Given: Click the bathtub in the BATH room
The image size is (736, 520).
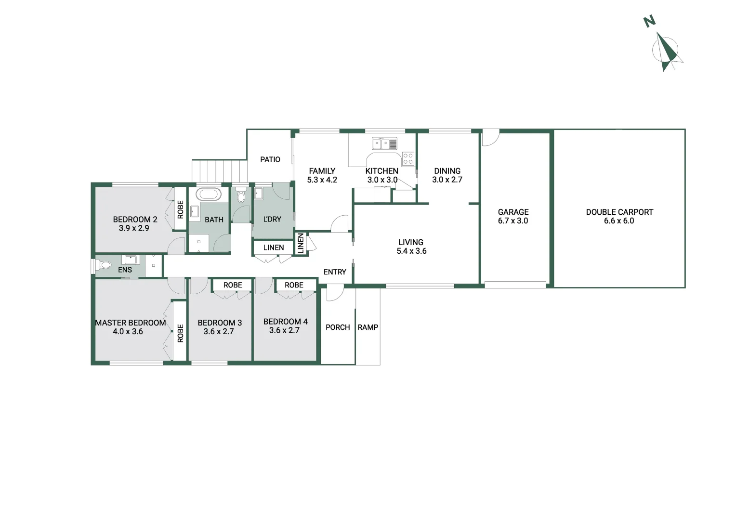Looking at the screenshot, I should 209,195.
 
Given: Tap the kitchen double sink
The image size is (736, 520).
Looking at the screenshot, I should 384,143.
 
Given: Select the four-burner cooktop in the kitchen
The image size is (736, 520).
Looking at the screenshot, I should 408,159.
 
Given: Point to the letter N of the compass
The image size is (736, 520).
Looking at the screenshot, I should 650,22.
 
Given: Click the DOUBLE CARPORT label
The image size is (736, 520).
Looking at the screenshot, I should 619,212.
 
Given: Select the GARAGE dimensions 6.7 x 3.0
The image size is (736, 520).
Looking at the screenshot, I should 513,221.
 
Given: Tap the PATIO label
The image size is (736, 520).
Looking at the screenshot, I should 270,159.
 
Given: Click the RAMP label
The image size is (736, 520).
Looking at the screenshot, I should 368,327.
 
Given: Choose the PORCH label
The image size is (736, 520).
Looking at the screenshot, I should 338,327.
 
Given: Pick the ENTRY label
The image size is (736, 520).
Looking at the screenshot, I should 335,272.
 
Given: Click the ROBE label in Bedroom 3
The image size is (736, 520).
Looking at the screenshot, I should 233,285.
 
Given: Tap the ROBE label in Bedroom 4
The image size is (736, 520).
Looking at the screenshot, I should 294,285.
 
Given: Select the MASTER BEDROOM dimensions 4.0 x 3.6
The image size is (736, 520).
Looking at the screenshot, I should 128,332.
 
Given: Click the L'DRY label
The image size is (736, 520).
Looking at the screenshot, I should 272,219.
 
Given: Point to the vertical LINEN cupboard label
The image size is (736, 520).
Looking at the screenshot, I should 301,243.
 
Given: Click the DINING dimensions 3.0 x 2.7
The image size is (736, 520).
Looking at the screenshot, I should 447,180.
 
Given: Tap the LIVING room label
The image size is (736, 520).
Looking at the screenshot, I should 411,242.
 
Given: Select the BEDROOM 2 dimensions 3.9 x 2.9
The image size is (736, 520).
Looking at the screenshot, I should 134,228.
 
